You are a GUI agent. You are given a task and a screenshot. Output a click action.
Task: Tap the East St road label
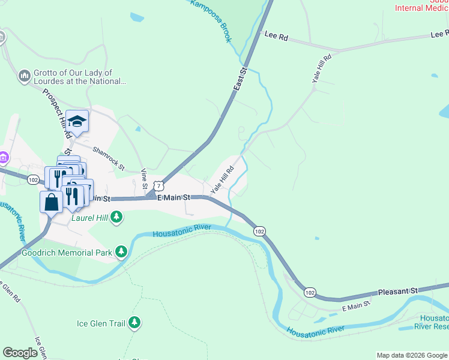[x=240, y=79]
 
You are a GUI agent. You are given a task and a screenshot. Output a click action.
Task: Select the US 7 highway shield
[x=157, y=186]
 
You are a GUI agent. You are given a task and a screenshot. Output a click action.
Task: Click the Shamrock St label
[x=108, y=158]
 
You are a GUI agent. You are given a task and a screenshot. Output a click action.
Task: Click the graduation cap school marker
[x=77, y=122]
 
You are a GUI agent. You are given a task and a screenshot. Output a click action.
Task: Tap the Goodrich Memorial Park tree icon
[x=122, y=252]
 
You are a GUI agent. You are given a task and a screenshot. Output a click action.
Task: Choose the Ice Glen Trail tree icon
[x=135, y=323]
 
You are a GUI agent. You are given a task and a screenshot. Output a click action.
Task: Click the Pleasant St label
[x=397, y=291]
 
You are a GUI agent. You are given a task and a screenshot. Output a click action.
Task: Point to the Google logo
[x=20, y=353]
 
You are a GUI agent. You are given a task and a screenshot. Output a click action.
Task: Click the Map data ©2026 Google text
[x=411, y=355]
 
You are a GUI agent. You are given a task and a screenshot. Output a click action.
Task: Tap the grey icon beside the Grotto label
[x=24, y=76]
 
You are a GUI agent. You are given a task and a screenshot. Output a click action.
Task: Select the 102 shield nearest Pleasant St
[x=309, y=292]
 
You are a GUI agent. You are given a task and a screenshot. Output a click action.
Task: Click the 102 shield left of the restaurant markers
[x=33, y=179]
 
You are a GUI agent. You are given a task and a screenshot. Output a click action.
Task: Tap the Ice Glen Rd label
[x=10, y=292]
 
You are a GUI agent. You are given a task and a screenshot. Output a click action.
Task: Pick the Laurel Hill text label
[x=89, y=218]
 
